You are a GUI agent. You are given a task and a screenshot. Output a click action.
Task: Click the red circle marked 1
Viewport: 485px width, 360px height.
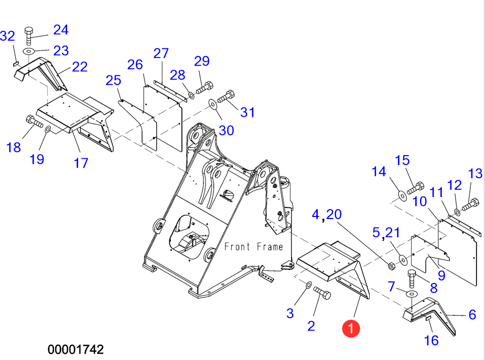pos(351,328)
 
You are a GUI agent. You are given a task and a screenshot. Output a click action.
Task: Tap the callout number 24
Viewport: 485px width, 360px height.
pos(61,30)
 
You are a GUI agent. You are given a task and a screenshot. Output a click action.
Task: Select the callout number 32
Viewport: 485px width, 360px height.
pos(7,36)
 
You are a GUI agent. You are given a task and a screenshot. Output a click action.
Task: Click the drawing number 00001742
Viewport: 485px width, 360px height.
pos(76,349)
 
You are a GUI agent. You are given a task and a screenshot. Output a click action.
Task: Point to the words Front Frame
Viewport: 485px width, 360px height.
pos(254,246)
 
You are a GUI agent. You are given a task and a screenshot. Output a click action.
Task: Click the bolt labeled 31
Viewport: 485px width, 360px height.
pos(226,96)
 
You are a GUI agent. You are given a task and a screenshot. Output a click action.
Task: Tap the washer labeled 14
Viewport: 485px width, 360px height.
pos(402,195)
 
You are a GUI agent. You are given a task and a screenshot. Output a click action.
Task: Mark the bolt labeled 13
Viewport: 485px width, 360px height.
pos(469,203)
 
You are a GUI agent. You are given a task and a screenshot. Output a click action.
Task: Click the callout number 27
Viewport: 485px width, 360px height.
pos(161,53)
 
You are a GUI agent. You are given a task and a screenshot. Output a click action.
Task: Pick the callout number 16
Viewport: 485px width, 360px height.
pos(432,341)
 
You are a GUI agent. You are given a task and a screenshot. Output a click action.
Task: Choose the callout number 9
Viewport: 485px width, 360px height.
pos(441,275)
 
